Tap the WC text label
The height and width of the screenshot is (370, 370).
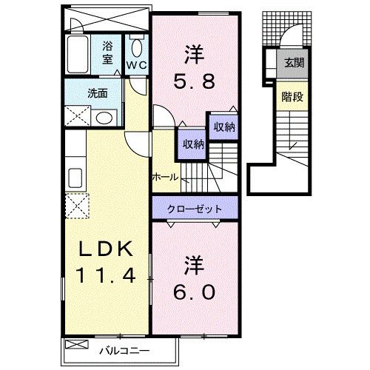[x=136, y=65]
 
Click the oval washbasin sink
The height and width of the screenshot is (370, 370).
[x=105, y=118]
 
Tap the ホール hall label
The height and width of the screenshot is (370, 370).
[x=164, y=178]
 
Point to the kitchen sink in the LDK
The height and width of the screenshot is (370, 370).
[x=74, y=178]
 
